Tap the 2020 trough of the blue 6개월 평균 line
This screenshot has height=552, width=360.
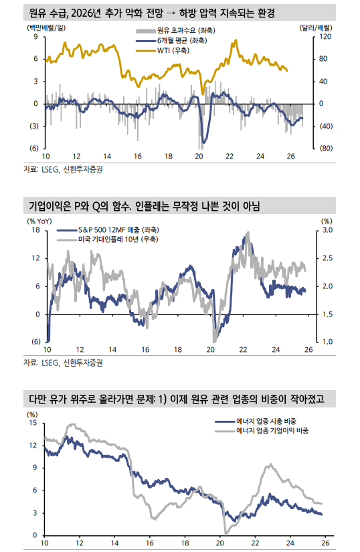coord(203,141)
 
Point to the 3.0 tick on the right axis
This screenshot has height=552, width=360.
coord(327,229)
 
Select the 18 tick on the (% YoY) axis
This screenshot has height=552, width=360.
coord(35,229)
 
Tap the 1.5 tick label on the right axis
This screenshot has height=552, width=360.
coord(327,314)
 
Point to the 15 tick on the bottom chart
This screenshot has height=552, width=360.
coord(33,423)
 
